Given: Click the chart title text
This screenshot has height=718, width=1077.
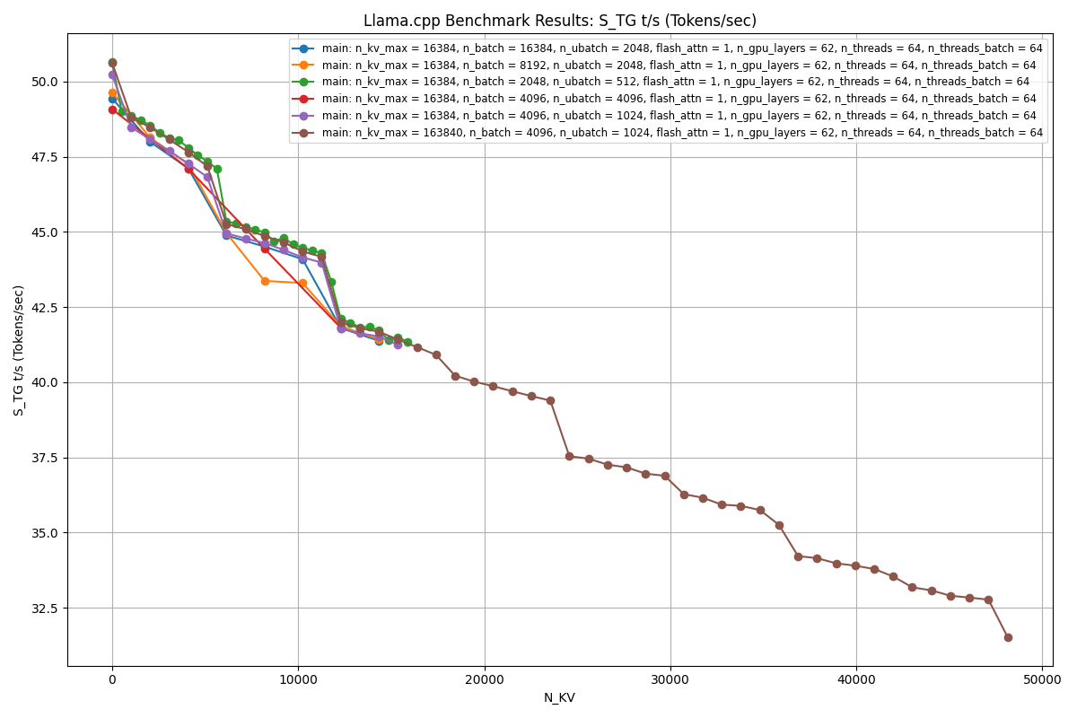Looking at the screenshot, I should click(x=559, y=21).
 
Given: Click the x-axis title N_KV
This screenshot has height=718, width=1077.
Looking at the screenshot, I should click(x=559, y=697).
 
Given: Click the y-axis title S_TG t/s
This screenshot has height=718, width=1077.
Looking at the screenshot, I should click(x=19, y=350).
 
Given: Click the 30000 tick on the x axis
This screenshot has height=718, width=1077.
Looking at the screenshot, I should click(x=670, y=679).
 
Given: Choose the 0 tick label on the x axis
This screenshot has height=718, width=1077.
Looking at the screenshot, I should click(x=112, y=679).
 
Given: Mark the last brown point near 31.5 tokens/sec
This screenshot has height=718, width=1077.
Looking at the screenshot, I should click(x=1008, y=637).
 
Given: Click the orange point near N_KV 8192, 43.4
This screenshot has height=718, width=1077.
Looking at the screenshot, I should click(x=265, y=281).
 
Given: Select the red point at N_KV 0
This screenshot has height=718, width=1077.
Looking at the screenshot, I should click(x=112, y=109).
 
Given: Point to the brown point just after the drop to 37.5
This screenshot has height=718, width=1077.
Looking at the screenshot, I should click(x=569, y=456).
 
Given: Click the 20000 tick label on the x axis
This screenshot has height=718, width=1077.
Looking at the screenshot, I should click(x=485, y=679).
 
